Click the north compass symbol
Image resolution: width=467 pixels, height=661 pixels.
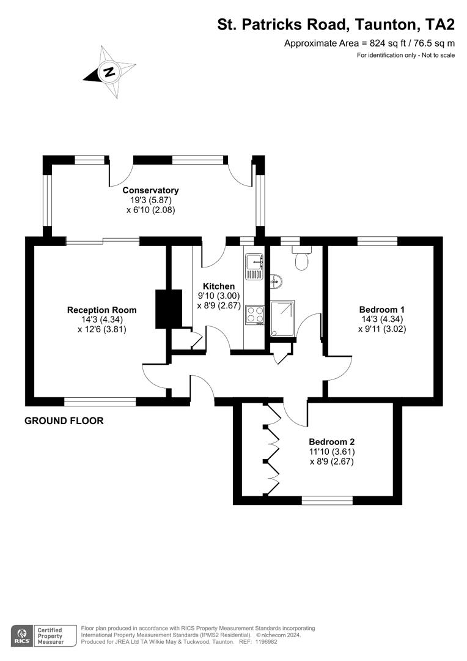[x=109, y=72]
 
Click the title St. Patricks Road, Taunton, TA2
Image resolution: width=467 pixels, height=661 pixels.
[x=336, y=24]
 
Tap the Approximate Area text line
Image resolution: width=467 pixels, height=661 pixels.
[x=369, y=43]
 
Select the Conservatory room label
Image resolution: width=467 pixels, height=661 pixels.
[x=150, y=190]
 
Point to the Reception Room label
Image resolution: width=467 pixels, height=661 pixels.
[x=101, y=310]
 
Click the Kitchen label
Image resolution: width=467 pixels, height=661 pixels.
[x=218, y=286]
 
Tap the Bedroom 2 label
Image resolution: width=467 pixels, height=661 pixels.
[x=331, y=442]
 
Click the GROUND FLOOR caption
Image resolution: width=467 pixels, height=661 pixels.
[x=64, y=421]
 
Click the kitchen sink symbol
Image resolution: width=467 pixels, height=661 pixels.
[x=254, y=263]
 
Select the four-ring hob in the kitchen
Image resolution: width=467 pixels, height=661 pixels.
[x=254, y=315]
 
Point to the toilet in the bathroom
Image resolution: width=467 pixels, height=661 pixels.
[x=301, y=260]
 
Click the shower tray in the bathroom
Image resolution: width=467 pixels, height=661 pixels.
[x=282, y=318]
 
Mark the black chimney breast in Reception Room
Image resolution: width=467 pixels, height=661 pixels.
[x=169, y=309]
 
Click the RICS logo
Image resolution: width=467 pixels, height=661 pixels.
[x=22, y=635]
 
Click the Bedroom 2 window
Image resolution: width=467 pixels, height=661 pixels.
[x=327, y=500]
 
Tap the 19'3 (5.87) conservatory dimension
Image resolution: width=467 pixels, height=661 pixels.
[x=150, y=200]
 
